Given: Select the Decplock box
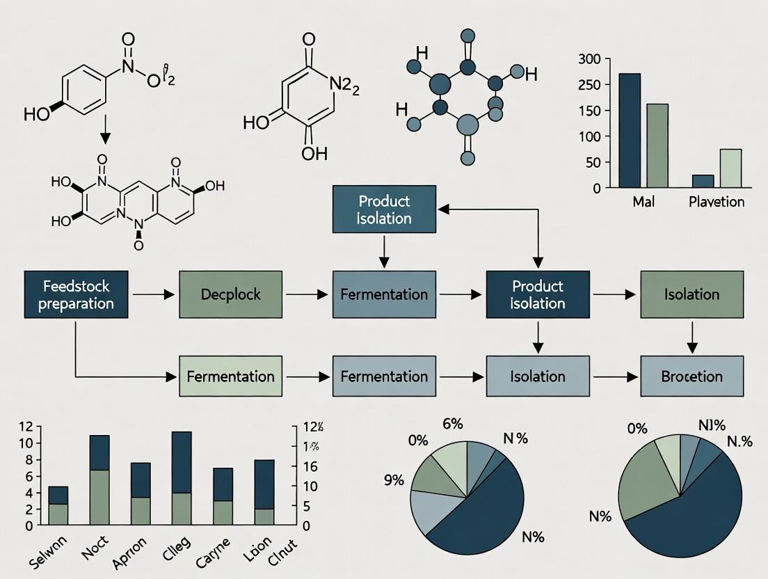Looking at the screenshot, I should point(231,295).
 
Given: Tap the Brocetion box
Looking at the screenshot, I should point(691,376).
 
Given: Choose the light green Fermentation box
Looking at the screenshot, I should point(231,376).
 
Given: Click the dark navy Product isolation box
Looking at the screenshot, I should point(537,295).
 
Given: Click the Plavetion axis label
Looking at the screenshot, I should point(716,203).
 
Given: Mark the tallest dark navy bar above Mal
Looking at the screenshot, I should point(630,130).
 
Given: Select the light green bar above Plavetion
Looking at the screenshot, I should point(730,168).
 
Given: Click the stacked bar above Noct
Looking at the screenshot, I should point(99,480).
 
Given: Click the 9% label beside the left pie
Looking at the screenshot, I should point(393,480).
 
